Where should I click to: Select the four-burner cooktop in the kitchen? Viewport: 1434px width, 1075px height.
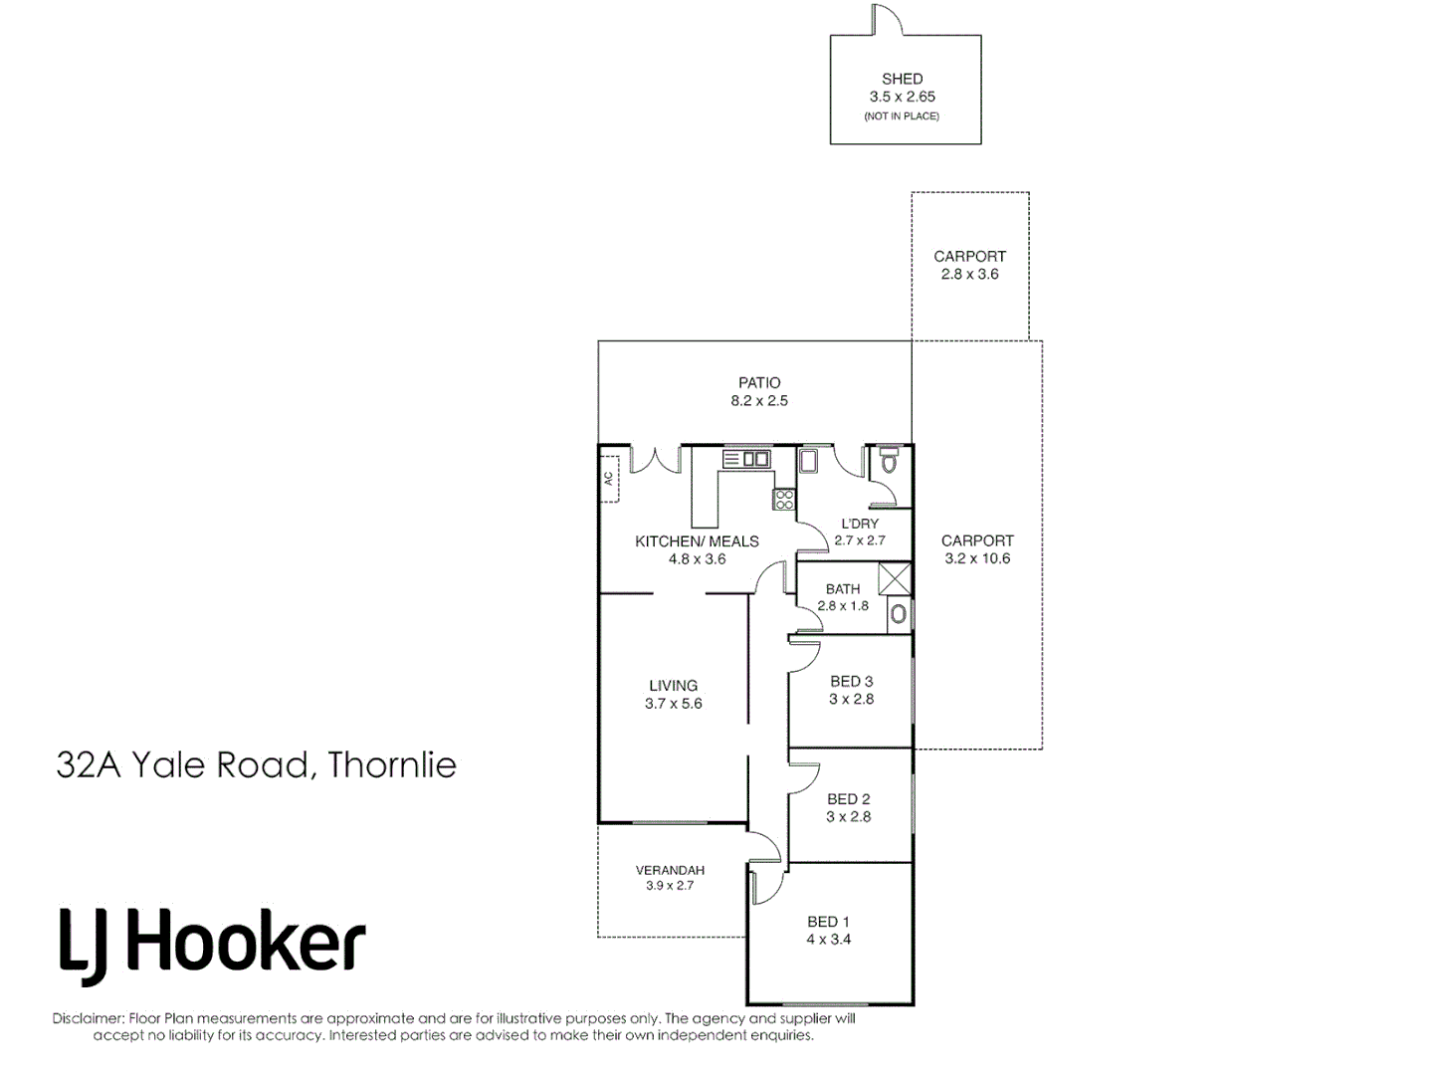pyautogui.click(x=784, y=499)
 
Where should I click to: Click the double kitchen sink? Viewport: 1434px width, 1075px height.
pyautogui.click(x=746, y=458)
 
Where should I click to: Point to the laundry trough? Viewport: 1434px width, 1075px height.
pyautogui.click(x=808, y=460)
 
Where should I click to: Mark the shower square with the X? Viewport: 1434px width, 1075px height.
pyautogui.click(x=895, y=579)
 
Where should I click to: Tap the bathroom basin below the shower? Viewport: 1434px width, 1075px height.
pyautogui.click(x=899, y=614)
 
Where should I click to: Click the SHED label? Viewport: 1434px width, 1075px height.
pyautogui.click(x=902, y=79)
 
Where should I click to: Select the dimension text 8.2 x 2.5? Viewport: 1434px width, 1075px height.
pyautogui.click(x=758, y=400)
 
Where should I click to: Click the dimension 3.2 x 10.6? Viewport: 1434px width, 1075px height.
pyautogui.click(x=977, y=558)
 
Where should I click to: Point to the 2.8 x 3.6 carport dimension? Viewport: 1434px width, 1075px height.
pyautogui.click(x=969, y=274)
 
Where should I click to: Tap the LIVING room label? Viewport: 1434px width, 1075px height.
pyautogui.click(x=673, y=685)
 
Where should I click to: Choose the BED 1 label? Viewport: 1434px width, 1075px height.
pyautogui.click(x=828, y=922)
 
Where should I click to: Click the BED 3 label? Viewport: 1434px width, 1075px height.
pyautogui.click(x=851, y=681)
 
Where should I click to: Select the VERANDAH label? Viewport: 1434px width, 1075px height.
pyautogui.click(x=670, y=870)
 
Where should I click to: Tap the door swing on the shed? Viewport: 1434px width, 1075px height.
pyautogui.click(x=887, y=22)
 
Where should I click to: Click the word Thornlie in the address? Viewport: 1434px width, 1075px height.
pyautogui.click(x=392, y=764)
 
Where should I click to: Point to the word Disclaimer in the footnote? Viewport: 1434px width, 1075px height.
pyautogui.click(x=88, y=1018)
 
